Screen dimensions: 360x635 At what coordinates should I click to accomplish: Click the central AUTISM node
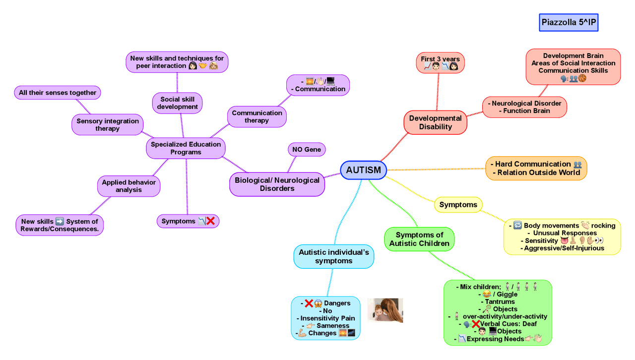tap(363, 170)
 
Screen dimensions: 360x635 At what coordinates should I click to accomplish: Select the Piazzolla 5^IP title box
tap(569, 22)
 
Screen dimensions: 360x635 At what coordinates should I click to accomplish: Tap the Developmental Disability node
tap(435, 122)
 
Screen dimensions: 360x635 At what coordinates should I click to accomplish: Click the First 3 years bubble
tap(440, 62)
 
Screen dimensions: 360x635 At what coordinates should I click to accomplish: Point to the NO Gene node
tap(307, 149)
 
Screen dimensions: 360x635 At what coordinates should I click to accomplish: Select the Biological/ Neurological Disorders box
tap(277, 184)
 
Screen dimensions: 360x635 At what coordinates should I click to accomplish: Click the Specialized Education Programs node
tap(186, 148)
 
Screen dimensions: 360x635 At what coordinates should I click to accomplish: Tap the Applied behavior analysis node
tap(128, 186)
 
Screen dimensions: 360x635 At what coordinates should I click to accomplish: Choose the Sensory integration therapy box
tap(108, 125)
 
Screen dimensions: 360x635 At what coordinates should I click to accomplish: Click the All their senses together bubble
tap(58, 93)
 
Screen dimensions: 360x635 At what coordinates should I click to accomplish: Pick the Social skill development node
tap(178, 103)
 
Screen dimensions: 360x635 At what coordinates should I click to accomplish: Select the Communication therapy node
tap(257, 117)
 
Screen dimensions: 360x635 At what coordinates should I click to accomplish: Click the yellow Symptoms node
tap(458, 204)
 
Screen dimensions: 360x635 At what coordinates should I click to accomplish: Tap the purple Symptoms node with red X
tap(188, 221)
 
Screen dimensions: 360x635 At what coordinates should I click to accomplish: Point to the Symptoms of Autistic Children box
tap(419, 239)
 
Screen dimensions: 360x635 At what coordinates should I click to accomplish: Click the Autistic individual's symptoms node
tap(333, 256)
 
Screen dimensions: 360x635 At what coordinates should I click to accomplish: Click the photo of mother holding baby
tap(385, 310)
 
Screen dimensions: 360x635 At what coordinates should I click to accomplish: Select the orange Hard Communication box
tap(536, 168)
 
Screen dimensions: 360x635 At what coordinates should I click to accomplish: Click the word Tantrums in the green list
tap(500, 301)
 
